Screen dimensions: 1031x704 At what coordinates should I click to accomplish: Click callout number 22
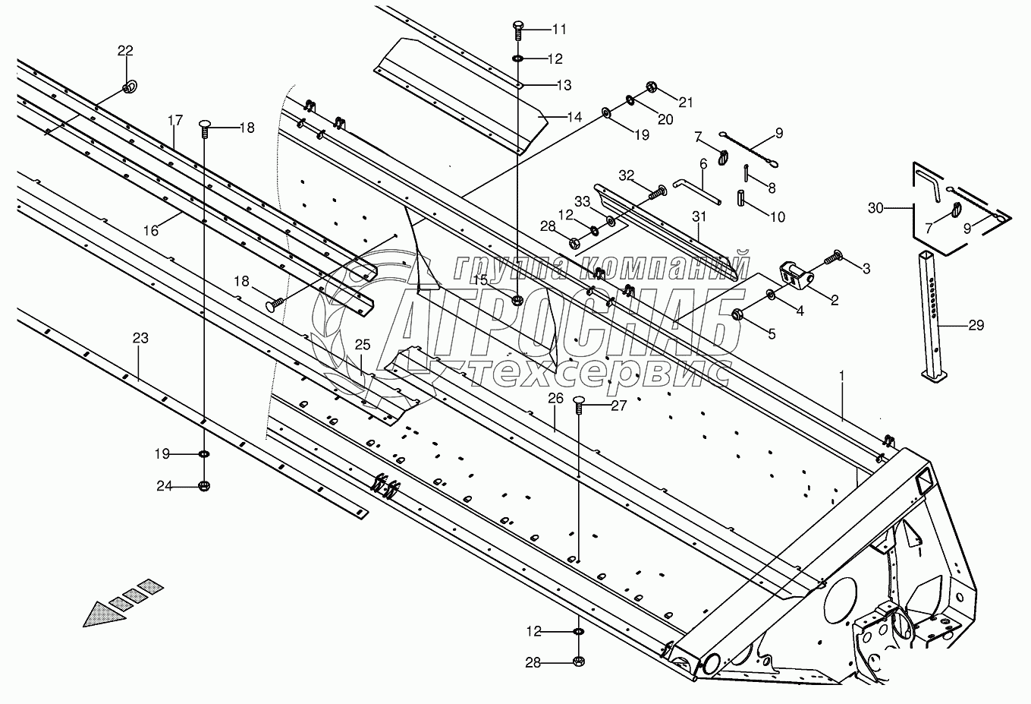pyautogui.click(x=125, y=51)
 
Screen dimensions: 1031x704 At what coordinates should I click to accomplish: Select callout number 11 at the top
pyautogui.click(x=559, y=30)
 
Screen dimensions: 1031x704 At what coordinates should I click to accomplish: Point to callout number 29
pyautogui.click(x=976, y=325)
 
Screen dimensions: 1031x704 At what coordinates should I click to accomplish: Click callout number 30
pyautogui.click(x=876, y=207)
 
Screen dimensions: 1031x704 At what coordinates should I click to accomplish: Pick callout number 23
pyautogui.click(x=140, y=338)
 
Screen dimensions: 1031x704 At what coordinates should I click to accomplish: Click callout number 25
pyautogui.click(x=363, y=345)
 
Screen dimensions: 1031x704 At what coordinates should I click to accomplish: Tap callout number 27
pyautogui.click(x=619, y=406)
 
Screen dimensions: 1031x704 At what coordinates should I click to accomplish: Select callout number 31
pyautogui.click(x=699, y=216)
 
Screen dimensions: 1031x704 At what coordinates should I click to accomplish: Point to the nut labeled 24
pyautogui.click(x=204, y=486)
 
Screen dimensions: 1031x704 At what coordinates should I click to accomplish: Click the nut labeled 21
pyautogui.click(x=651, y=87)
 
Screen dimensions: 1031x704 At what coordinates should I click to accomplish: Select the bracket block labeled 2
pyautogui.click(x=793, y=276)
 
